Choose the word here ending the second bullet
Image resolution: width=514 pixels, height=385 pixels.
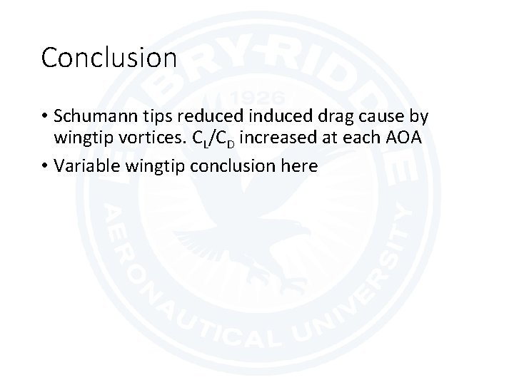click(300, 166)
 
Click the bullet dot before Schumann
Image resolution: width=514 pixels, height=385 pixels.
click(46, 116)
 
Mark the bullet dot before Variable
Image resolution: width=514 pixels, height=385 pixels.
click(46, 167)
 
